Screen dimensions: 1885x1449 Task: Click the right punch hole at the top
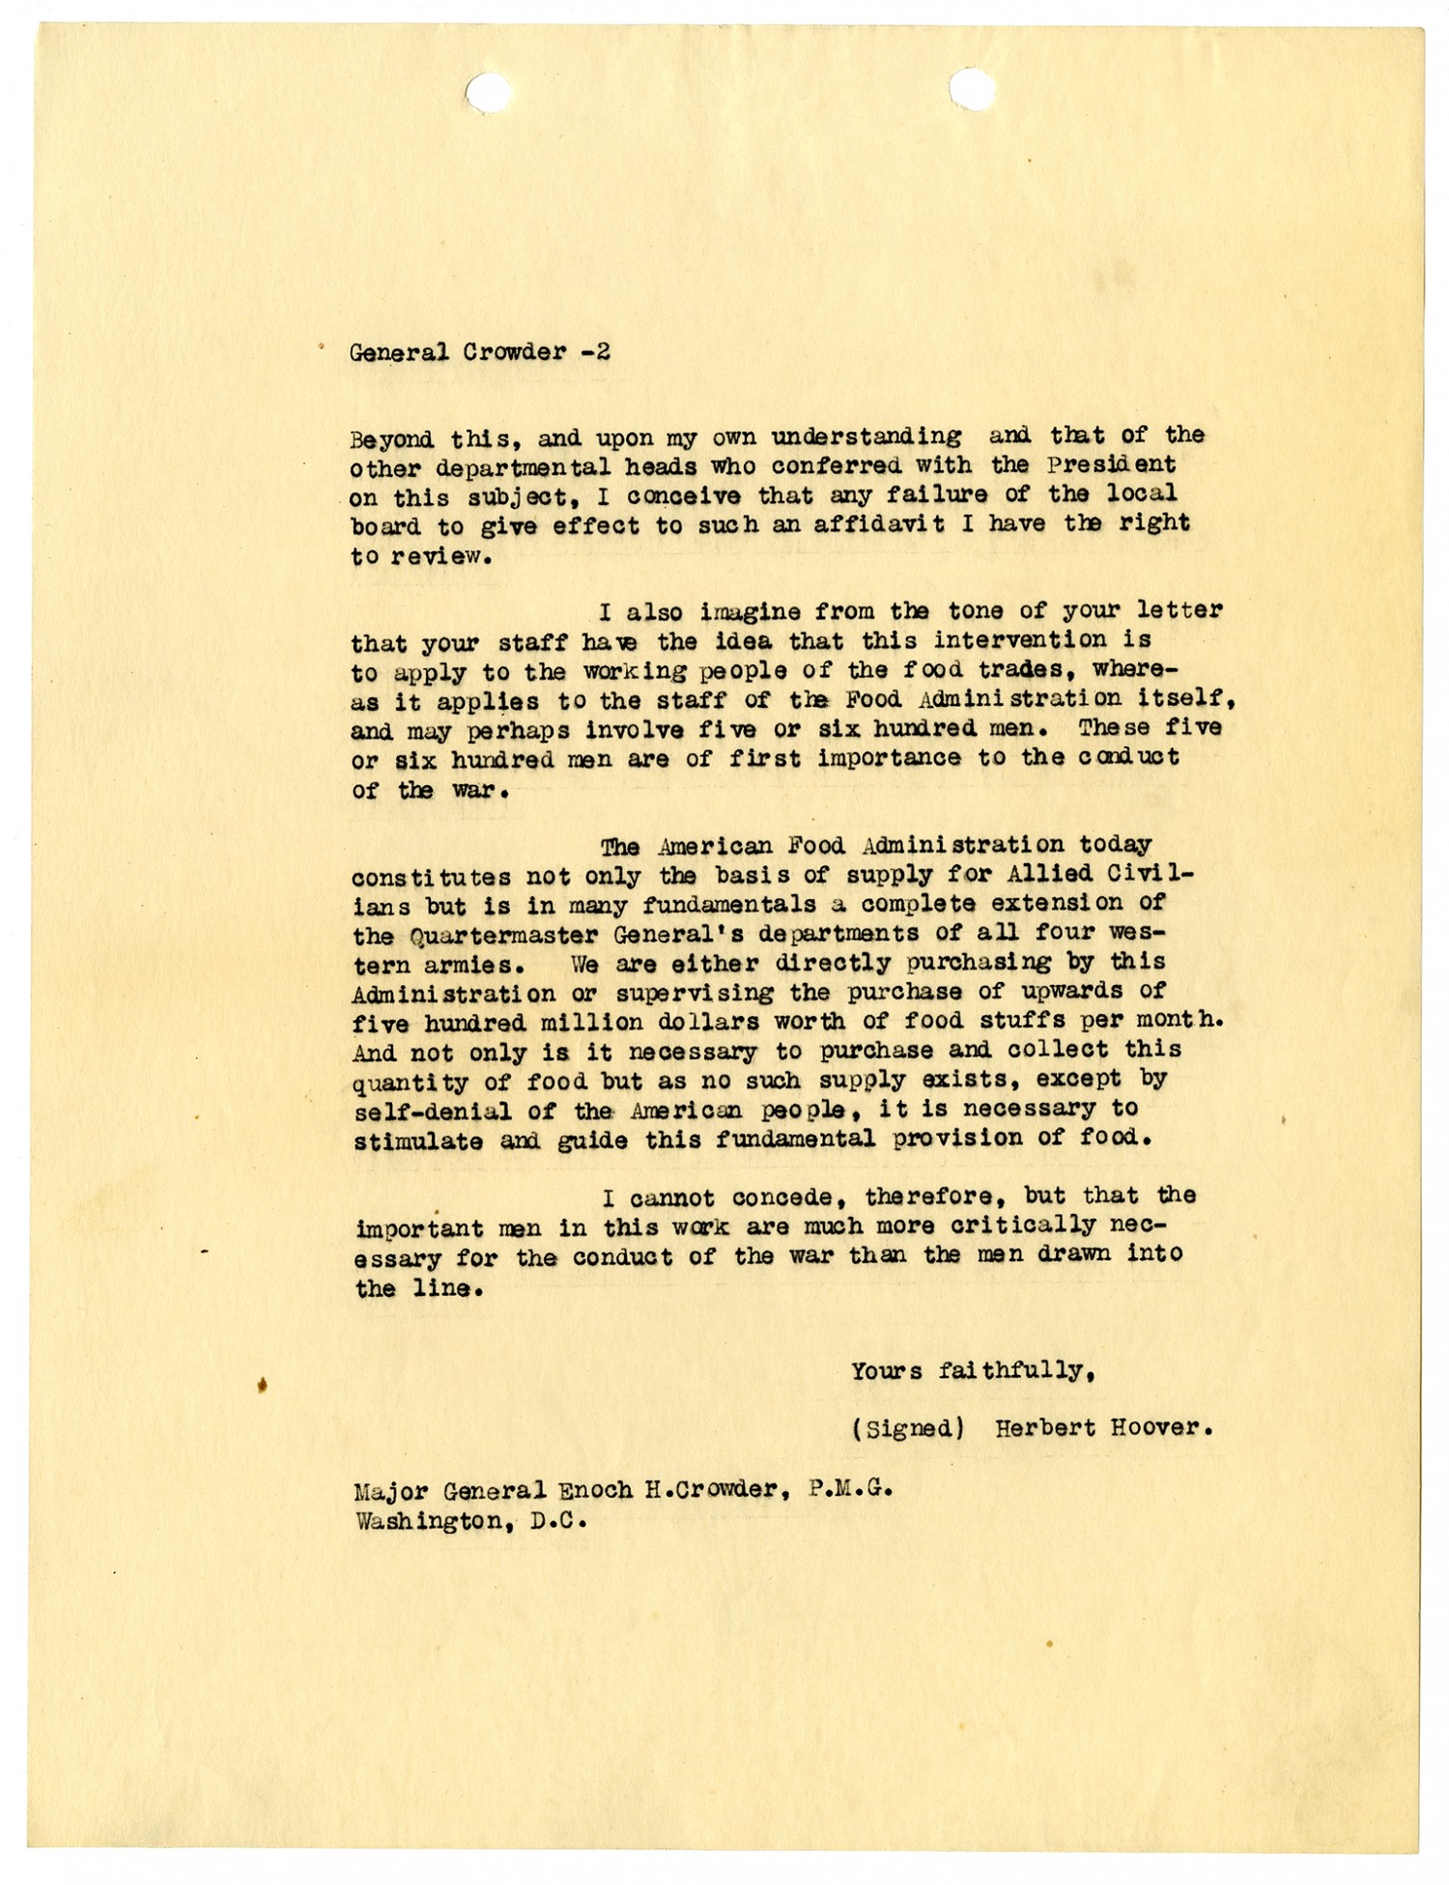971,89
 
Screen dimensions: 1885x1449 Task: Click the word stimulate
417,1140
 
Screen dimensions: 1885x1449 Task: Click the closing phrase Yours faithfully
972,1370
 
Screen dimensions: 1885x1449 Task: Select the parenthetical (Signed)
906,1428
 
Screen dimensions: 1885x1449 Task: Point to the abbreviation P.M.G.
858,1489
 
